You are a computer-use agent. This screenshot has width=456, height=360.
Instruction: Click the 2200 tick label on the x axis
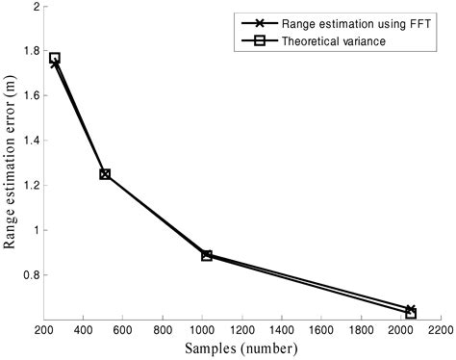441,329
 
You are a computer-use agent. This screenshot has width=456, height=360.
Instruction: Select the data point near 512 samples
105,174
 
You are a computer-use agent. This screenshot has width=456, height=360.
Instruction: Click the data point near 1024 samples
207,255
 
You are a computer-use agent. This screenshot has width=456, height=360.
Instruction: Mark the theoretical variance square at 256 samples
55,59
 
